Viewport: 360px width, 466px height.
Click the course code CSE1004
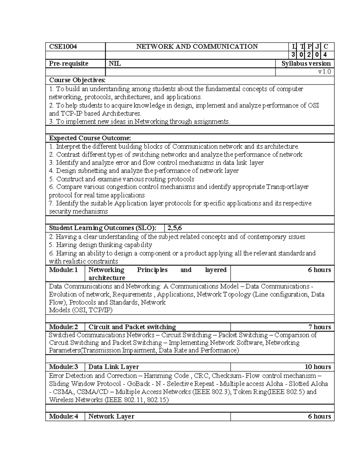point(63,47)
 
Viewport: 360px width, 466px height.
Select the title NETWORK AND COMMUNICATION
point(197,47)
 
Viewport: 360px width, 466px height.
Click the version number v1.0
point(325,72)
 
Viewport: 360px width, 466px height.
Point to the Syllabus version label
point(306,64)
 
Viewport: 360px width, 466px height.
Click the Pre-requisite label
point(69,64)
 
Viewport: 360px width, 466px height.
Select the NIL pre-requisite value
point(115,64)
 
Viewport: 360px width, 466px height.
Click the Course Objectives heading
point(77,80)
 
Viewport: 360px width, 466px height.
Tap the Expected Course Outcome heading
point(90,138)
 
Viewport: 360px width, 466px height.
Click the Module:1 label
point(63,270)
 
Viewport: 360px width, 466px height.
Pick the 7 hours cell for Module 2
point(320,327)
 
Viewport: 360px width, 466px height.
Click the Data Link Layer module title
point(113,367)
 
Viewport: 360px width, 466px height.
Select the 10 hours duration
point(318,367)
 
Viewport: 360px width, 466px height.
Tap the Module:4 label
point(63,416)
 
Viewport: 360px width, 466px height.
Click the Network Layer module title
point(111,416)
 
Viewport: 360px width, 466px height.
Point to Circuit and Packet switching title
point(132,327)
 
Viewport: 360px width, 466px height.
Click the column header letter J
point(317,47)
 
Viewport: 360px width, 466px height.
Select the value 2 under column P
point(309,55)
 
